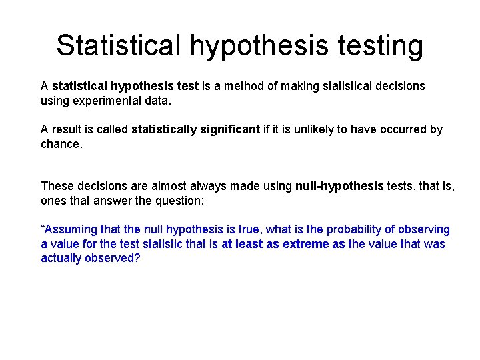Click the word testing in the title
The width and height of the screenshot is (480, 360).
(x=381, y=45)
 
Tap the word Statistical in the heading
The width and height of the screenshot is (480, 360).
(x=119, y=45)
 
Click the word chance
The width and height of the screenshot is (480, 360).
(x=61, y=144)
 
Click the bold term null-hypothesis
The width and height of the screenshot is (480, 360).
(x=339, y=187)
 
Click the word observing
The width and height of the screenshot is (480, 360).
(x=424, y=230)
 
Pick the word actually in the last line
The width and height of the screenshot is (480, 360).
(x=61, y=259)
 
